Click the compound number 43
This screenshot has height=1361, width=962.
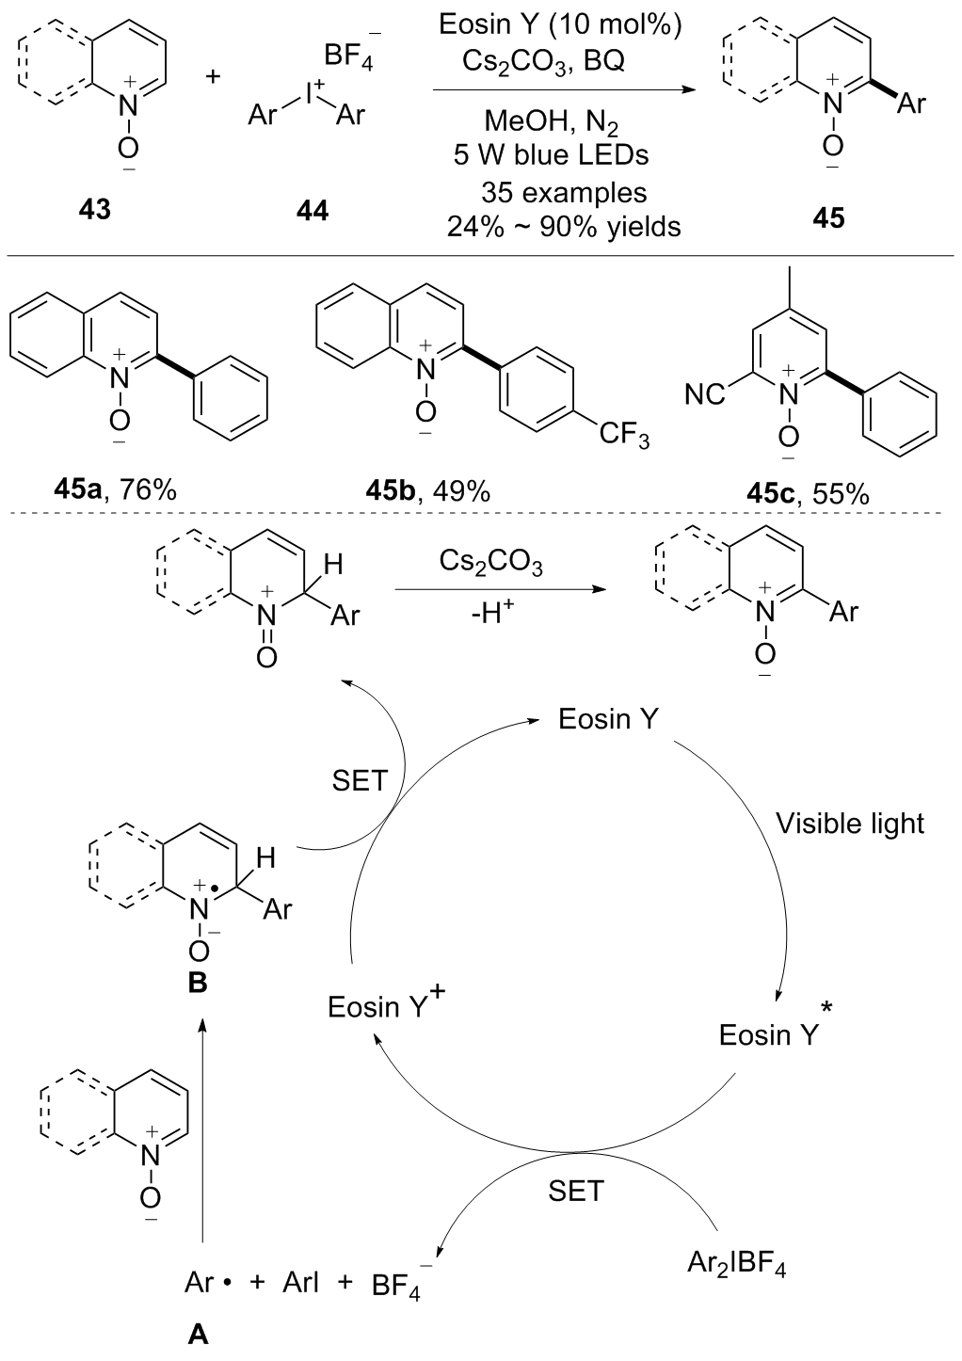[x=94, y=210]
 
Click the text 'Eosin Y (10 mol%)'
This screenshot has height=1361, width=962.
[x=561, y=24]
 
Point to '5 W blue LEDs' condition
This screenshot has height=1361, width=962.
[x=551, y=153]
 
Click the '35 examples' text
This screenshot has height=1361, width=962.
[x=564, y=193]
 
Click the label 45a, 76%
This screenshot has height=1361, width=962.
[x=116, y=489]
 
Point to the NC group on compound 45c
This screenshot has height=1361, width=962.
[x=706, y=394]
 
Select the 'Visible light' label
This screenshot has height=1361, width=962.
[x=850, y=824]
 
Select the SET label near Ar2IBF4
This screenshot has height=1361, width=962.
[x=575, y=1191]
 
